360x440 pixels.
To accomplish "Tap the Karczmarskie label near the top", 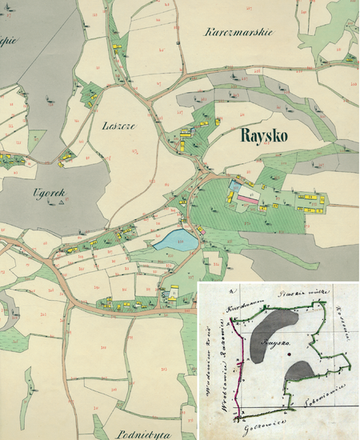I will click(x=239, y=33).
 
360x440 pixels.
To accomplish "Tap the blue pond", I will click(x=174, y=239).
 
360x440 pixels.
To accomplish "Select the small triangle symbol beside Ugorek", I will click(x=60, y=203).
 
